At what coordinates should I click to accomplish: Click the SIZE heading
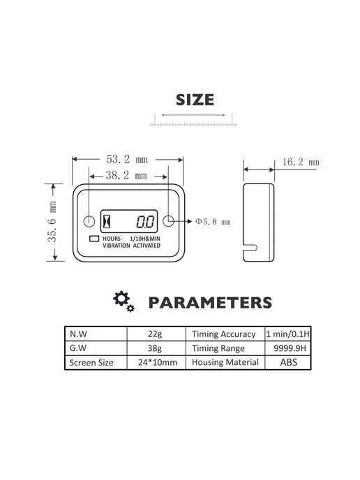195,100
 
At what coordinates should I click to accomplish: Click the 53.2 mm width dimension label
127,159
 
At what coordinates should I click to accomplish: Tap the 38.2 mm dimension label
126,175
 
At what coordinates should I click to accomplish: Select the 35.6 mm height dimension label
52,221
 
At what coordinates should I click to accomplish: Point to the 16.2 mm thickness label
301,162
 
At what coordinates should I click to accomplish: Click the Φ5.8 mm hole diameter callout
213,221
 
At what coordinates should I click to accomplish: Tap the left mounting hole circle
89,221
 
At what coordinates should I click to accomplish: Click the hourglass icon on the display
107,221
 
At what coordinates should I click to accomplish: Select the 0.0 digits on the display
145,222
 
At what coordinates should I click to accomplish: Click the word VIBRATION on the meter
117,246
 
